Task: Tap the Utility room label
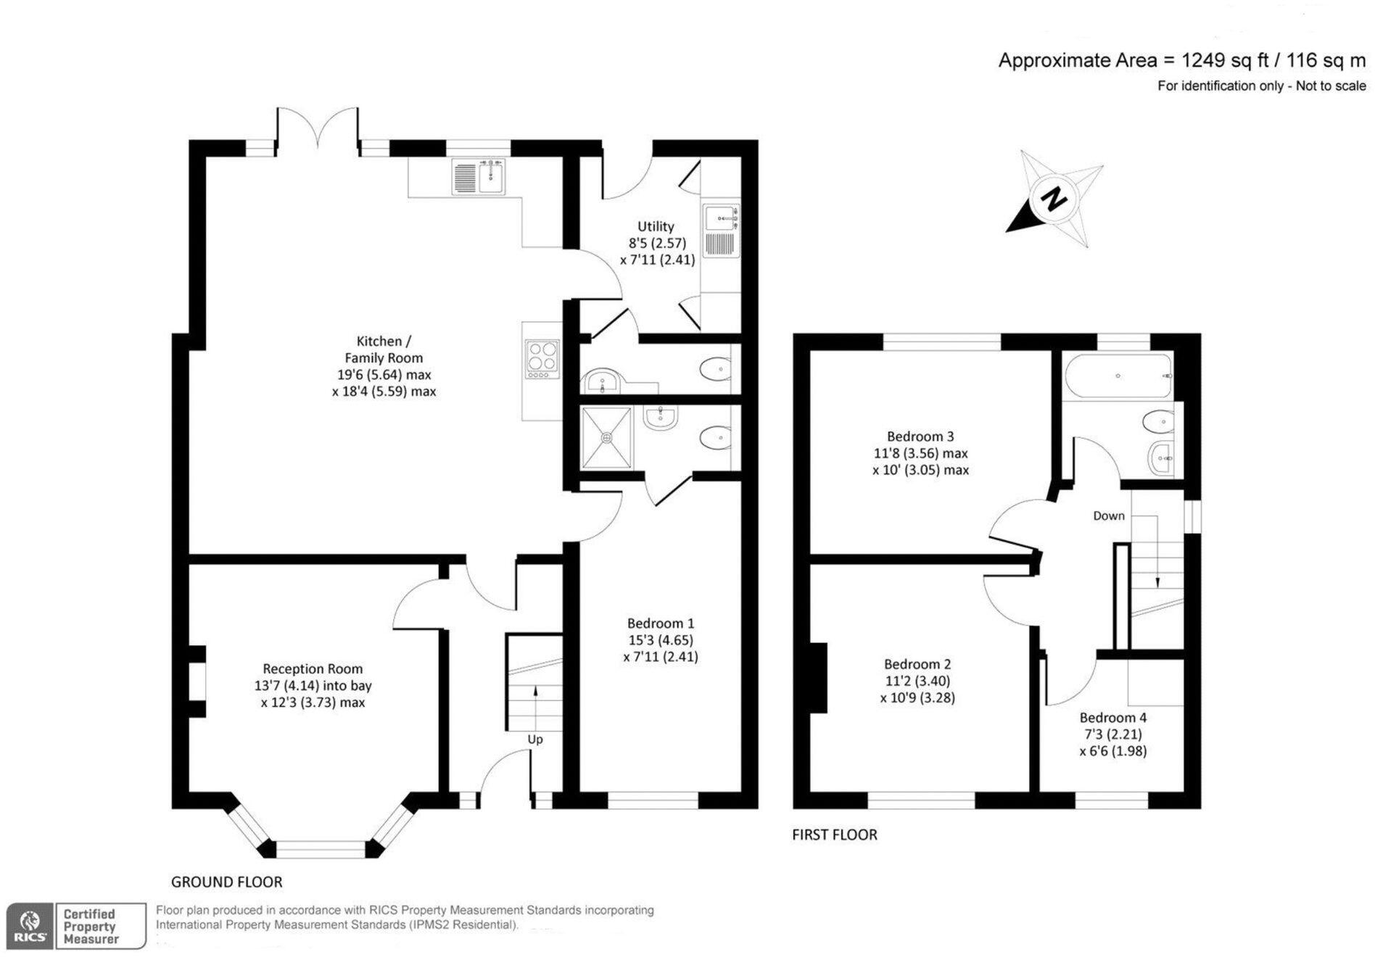[x=656, y=226]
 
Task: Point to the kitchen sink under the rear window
[x=479, y=177]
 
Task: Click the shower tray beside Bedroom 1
[x=606, y=437]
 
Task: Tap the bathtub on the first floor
[x=1118, y=376]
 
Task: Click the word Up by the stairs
[x=535, y=739]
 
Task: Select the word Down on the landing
[x=1109, y=515]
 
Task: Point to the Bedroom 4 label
[x=1113, y=717]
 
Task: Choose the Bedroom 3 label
[x=920, y=436]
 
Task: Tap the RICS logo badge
[x=30, y=926]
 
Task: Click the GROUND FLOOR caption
[x=226, y=882]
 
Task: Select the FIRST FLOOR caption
[x=834, y=834]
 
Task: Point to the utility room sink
[x=721, y=217]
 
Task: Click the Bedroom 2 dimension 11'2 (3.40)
[x=917, y=681]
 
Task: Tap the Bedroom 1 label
[x=661, y=623]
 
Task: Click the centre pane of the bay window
[x=321, y=849]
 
